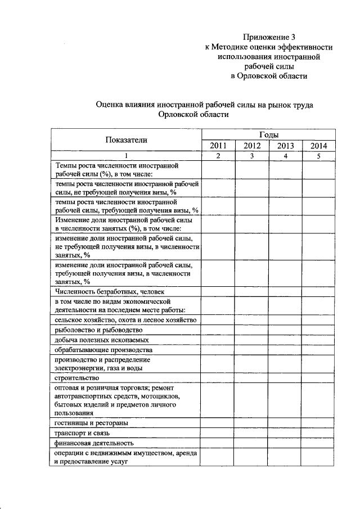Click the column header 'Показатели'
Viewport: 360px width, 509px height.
[126, 141]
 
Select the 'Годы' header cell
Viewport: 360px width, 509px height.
[268, 135]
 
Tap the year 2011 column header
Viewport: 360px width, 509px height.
[218, 146]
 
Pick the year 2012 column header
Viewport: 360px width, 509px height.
[251, 146]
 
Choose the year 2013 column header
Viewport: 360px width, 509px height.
[285, 146]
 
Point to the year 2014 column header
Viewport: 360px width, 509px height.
[318, 146]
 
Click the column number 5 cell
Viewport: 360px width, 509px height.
[318, 156]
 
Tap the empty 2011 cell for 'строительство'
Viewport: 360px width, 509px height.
[218, 378]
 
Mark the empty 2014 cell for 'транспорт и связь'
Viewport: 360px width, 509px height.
[318, 433]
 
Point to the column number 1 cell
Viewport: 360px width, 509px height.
[126, 156]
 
